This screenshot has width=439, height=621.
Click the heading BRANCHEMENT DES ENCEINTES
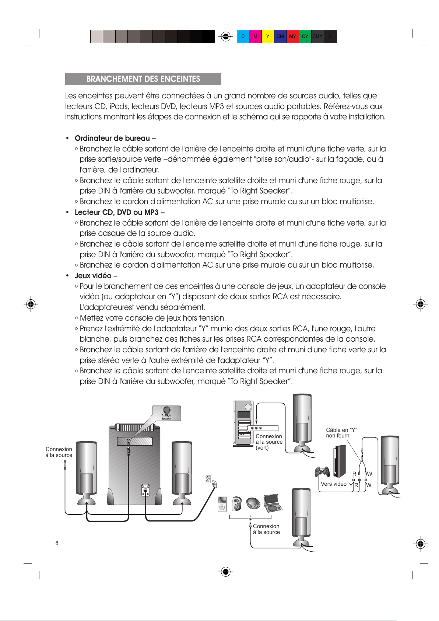point(143,79)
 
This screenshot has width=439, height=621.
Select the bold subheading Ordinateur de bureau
point(115,138)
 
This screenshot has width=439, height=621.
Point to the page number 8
point(57,543)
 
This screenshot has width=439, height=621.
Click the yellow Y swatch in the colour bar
point(268,36)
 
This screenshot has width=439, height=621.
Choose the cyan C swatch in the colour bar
point(243,36)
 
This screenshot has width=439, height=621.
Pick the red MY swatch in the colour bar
point(292,36)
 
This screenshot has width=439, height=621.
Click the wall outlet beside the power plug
point(208,479)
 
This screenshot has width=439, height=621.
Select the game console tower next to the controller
point(340,461)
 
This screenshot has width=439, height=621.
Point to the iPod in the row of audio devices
point(222,504)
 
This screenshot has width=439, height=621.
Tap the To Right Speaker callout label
point(166,413)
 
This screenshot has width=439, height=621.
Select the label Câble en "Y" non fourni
point(341,433)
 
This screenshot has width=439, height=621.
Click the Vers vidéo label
point(333,484)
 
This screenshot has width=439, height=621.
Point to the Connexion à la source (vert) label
point(269,442)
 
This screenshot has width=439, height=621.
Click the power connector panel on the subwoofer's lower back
point(146,490)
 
